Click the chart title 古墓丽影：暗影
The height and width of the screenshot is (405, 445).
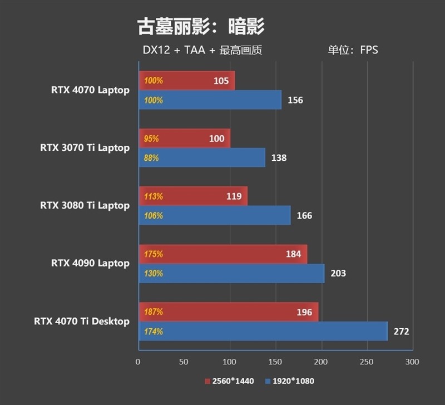[x=201, y=26]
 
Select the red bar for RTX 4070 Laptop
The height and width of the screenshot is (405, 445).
[x=186, y=81]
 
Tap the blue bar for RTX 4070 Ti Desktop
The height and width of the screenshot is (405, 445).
[x=263, y=332]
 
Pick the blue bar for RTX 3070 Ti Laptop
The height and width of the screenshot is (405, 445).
[x=201, y=158]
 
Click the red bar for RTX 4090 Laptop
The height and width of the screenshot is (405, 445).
[x=222, y=254]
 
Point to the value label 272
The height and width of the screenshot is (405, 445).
[x=401, y=332]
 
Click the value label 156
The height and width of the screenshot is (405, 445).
[x=295, y=100]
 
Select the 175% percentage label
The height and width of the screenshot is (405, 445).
[x=153, y=254]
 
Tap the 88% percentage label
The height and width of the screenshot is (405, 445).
[x=151, y=158]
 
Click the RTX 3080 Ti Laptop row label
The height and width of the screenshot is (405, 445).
[x=85, y=205]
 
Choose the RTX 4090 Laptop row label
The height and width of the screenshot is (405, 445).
[x=90, y=263]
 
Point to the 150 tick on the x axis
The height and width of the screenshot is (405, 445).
[x=275, y=362]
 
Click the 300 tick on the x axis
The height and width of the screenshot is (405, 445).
[x=412, y=362]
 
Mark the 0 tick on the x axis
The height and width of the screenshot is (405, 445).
[x=138, y=362]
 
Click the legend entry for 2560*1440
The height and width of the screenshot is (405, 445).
[x=229, y=381]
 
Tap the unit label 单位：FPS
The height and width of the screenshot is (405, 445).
[x=353, y=50]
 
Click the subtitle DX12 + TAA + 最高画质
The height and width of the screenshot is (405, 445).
[x=202, y=50]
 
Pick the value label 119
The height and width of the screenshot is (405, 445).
[x=234, y=196]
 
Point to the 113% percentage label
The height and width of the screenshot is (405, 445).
[x=153, y=196]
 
